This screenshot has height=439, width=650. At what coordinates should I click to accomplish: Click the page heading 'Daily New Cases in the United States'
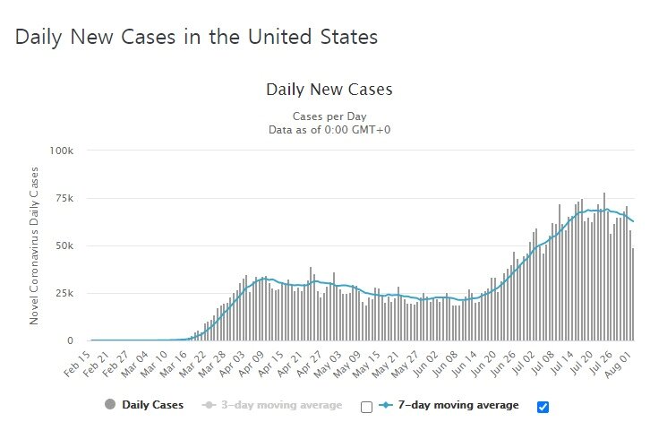click(x=196, y=38)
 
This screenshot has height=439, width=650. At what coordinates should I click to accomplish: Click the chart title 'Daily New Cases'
click(x=329, y=90)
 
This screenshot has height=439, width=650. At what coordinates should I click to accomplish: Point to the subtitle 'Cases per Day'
click(x=329, y=116)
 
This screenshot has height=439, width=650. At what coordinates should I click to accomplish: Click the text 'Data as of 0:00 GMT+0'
click(x=329, y=130)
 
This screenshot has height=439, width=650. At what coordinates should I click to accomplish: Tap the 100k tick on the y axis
click(x=60, y=151)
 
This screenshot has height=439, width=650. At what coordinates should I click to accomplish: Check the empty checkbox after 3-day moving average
click(x=365, y=407)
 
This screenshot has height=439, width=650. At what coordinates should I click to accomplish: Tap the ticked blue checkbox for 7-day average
click(x=543, y=407)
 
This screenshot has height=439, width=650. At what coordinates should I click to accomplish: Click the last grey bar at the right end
click(x=633, y=295)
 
